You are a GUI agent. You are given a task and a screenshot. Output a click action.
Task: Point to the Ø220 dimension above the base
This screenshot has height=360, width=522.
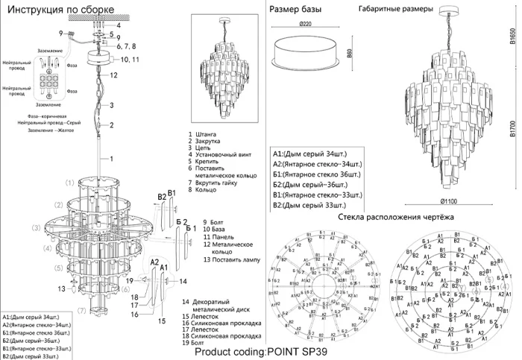tap(305, 25)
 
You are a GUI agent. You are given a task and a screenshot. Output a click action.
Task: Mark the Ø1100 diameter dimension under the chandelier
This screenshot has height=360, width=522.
tap(449, 201)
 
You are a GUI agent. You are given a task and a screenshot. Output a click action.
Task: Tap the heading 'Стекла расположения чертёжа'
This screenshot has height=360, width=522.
tap(395, 217)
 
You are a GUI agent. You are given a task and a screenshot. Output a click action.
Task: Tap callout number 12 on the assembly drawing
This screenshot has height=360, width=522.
tap(114, 75)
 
